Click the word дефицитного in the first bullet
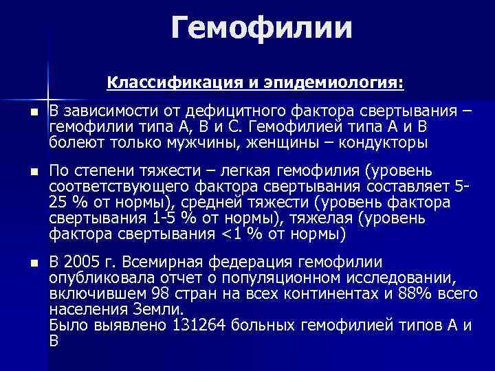tap(227, 112)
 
